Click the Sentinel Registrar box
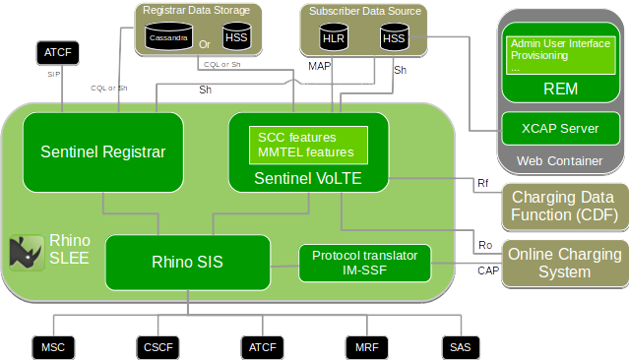(102, 151)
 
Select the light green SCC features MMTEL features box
(307, 145)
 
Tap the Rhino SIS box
(187, 262)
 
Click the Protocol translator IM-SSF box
(364, 262)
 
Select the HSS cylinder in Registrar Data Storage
(236, 37)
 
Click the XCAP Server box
(560, 128)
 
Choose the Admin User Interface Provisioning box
(560, 55)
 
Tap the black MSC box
(52, 347)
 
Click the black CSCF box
(157, 347)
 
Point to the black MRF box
(361, 347)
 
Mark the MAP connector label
(320, 68)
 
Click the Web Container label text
(560, 160)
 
